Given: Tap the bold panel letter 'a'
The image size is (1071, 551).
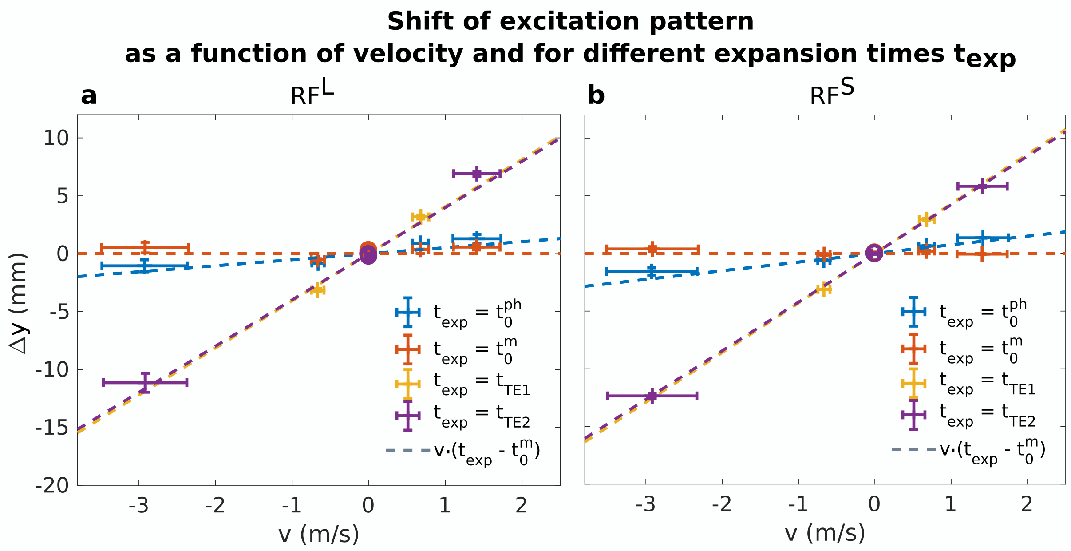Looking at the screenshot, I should coord(89,95).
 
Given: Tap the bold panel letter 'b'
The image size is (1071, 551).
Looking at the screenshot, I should coord(596,95).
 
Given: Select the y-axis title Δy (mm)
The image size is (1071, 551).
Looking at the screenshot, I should coord(19,303).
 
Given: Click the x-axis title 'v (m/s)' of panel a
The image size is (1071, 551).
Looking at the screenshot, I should coord(319,534).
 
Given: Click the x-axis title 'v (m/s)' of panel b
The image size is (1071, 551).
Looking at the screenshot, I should coord(825,533).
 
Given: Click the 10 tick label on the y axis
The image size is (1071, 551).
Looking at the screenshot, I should coord(56,139).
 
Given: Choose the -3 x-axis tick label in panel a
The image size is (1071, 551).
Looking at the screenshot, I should coord(138,505).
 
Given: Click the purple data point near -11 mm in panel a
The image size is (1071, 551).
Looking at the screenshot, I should coord(145,382).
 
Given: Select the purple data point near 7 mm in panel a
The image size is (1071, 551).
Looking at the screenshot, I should coord(477,174).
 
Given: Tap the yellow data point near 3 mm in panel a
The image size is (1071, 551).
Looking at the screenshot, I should coord(420,217).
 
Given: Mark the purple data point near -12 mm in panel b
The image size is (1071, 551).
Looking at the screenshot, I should coord(652,395).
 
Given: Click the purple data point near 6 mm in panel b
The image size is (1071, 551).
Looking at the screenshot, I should coord(983,186).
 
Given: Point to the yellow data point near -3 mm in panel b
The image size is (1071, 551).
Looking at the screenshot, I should coord(824,289).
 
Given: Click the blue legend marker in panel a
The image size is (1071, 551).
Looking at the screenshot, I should coord(408,312).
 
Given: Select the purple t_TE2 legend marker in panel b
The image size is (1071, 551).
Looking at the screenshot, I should coord(913,415).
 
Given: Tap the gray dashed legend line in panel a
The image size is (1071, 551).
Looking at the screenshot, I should coord(408,450).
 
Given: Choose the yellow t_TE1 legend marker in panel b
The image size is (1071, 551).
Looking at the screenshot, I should coord(913,383).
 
